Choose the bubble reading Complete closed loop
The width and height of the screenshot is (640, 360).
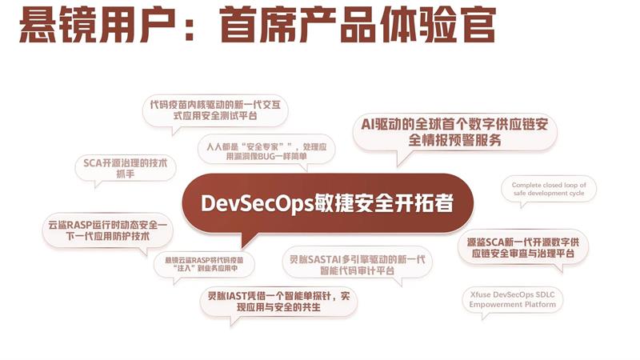click(548, 189)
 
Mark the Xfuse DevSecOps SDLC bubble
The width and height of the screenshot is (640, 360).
click(512, 300)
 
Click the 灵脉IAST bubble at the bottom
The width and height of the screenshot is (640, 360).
click(278, 302)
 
